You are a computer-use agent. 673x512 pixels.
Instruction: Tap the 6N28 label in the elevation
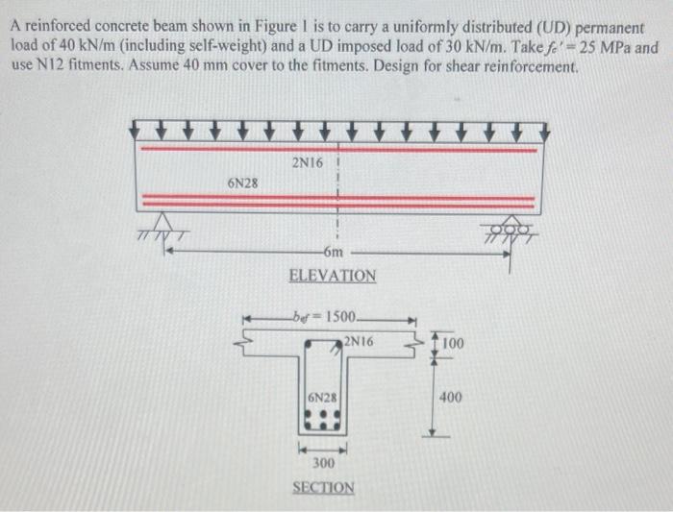[x=241, y=182]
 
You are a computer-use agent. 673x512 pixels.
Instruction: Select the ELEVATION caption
[x=333, y=276]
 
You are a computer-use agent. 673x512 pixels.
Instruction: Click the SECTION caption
[x=323, y=487]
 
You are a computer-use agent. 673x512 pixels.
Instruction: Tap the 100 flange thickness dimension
[x=453, y=343]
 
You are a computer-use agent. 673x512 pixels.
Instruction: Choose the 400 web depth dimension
[x=452, y=396]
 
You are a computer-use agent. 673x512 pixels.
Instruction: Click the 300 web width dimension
[x=324, y=464]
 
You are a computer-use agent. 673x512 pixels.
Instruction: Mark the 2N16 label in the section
[x=358, y=341]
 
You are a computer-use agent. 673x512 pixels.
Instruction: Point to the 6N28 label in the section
[x=322, y=397]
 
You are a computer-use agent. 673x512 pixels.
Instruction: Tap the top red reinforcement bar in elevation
[x=337, y=149]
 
